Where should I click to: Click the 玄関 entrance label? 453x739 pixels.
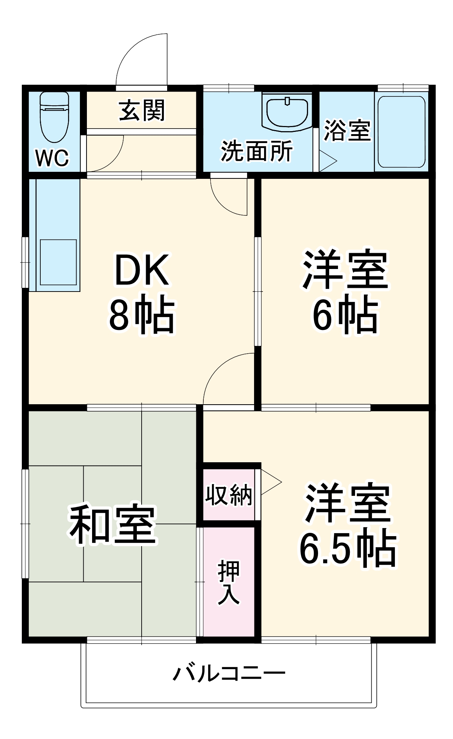tap(142, 110)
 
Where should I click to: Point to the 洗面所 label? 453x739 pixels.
tap(257, 151)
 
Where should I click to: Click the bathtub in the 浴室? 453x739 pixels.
tap(401, 132)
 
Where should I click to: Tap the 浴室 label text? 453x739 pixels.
tap(347, 130)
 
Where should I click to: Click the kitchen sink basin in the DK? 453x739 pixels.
tap(58, 262)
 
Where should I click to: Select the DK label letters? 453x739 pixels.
tap(142, 270)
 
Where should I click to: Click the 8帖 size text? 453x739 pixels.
tap(142, 316)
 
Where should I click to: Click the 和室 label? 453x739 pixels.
tap(112, 525)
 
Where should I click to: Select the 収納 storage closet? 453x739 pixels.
tap(229, 494)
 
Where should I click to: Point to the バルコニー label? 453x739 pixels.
tap(229, 674)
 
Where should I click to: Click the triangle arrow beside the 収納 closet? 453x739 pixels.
tap(270, 482)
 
